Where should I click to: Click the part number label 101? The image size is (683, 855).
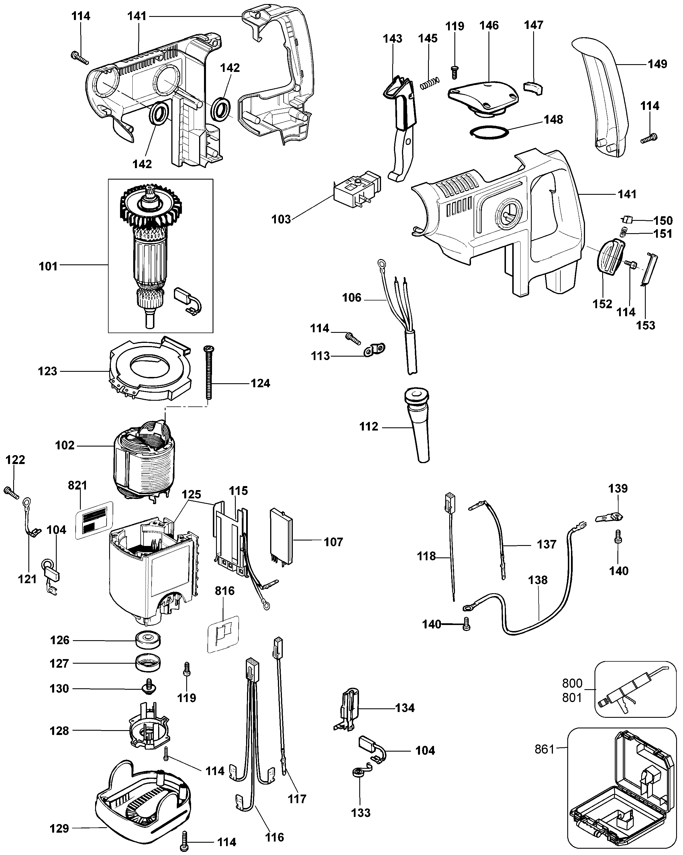[48, 266]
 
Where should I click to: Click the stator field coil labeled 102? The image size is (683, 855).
[143, 462]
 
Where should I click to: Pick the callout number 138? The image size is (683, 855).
[537, 580]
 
